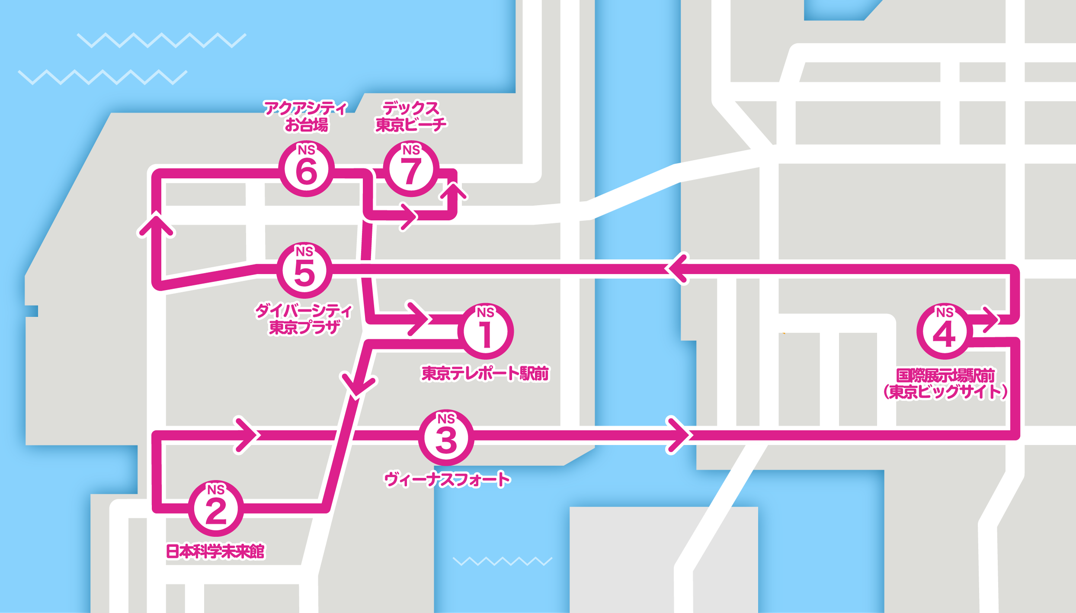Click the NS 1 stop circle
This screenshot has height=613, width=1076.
click(x=485, y=331)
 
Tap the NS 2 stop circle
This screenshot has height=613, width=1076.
click(x=216, y=508)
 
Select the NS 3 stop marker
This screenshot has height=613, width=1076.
click(x=446, y=437)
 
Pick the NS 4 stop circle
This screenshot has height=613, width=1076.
click(x=945, y=331)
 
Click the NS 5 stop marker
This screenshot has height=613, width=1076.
click(x=304, y=270)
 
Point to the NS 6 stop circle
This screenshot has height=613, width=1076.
click(x=306, y=169)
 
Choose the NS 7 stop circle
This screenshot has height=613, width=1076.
click(x=411, y=169)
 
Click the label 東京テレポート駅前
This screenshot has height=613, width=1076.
click(x=485, y=373)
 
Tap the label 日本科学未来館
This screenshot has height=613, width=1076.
click(x=215, y=552)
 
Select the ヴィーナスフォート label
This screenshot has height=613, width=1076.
click(x=447, y=480)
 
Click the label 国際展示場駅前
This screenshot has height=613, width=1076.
click(x=945, y=375)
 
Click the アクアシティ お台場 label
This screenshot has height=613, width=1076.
click(x=306, y=116)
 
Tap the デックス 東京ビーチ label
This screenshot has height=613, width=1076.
click(x=410, y=116)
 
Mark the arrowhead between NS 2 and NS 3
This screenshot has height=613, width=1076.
click(x=248, y=435)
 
